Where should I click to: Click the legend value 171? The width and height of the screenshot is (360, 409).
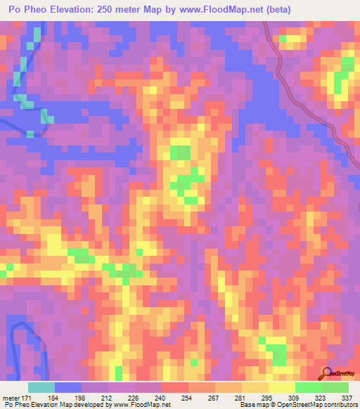coord(25,398)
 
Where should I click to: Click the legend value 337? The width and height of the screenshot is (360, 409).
coord(346,398)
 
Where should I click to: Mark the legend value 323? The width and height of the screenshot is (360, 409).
coord(321,398)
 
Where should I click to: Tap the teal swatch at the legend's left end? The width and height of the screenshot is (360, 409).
coord(41,387)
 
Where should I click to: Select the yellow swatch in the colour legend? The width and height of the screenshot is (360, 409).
coord(281,387)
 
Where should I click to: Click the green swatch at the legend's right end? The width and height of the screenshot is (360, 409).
coord(335,387)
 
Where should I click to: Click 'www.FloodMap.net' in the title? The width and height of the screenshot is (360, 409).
coord(212,9)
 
